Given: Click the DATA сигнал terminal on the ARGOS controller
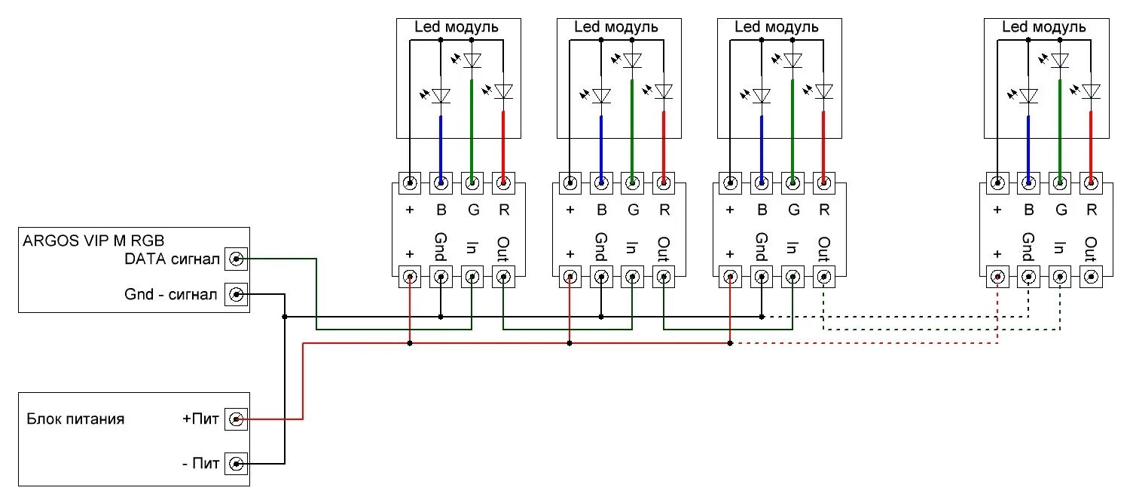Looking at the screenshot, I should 237,259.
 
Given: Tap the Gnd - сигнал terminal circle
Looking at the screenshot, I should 237,294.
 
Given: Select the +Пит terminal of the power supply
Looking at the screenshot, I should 237,419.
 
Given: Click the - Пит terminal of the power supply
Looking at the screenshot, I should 237,463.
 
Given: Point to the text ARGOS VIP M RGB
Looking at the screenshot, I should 94,241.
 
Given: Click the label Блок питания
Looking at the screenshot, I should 75,419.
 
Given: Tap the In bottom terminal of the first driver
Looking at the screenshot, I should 472,277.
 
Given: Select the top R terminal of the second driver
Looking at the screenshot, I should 664,182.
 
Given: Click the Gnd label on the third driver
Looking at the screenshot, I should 762,247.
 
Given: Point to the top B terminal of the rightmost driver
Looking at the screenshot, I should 1028,182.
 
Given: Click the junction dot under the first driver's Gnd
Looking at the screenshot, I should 441,317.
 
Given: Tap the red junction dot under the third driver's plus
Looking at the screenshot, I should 730,344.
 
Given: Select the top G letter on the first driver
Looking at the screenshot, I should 472,210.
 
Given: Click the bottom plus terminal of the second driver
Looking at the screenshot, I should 570,277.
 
